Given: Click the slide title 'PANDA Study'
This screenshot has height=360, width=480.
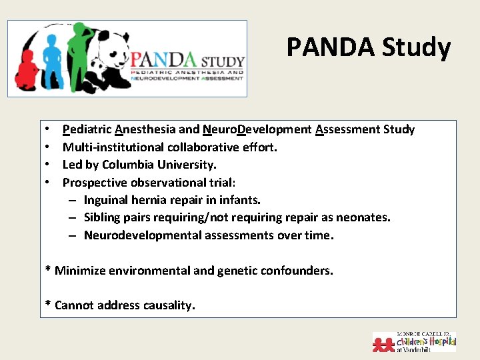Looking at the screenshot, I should click(369, 47).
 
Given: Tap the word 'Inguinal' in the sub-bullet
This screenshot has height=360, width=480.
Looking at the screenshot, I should click(106, 200).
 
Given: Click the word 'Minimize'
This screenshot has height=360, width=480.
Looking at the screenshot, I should click(81, 270).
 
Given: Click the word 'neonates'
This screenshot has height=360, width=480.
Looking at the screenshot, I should click(365, 217).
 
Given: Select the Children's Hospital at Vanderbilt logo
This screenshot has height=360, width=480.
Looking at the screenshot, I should click(414, 341).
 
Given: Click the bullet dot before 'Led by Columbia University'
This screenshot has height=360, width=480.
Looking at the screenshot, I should click(49, 165).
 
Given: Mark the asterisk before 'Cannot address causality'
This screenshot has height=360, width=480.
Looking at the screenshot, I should click(48, 305).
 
